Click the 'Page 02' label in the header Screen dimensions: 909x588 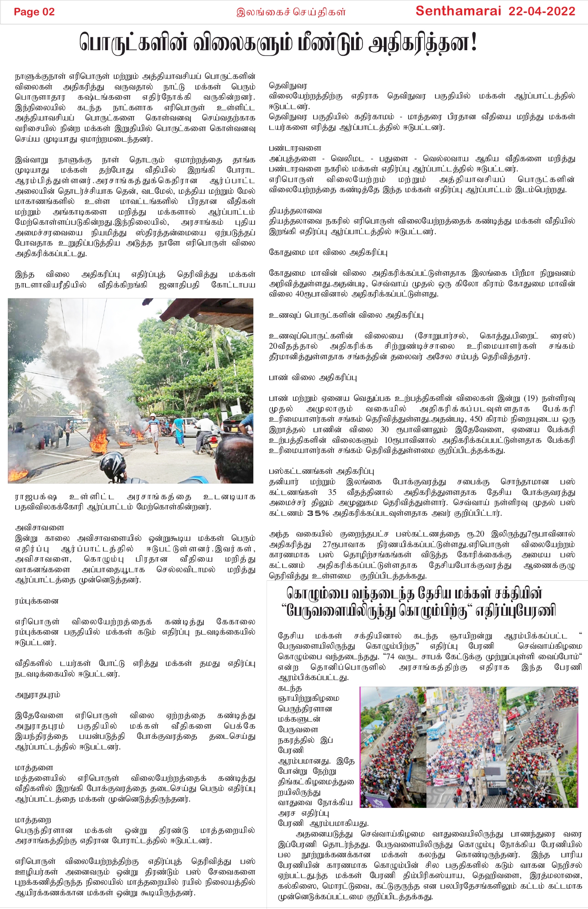34,12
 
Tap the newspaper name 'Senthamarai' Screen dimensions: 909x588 458,11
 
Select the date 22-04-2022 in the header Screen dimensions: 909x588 542,11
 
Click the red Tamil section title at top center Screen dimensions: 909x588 291,12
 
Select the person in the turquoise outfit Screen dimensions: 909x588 179,431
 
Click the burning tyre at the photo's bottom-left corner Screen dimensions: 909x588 18,474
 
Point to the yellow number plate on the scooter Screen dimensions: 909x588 214,436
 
